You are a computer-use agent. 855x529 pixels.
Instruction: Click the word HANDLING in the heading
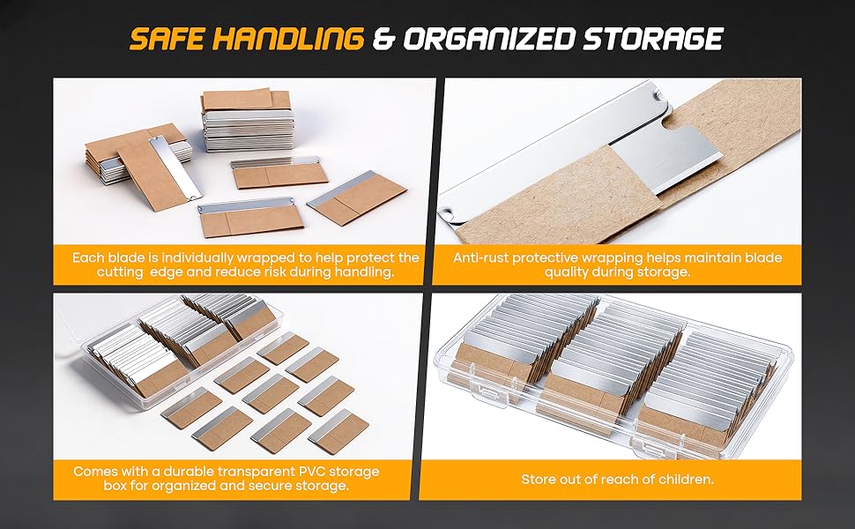tap(286, 39)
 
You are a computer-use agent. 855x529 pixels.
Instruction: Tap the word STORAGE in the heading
tap(652, 39)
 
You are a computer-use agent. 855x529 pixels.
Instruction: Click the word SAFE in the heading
tap(166, 39)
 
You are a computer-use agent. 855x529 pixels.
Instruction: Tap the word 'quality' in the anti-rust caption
tap(566, 272)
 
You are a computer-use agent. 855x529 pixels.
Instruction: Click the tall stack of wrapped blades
tap(247, 120)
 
